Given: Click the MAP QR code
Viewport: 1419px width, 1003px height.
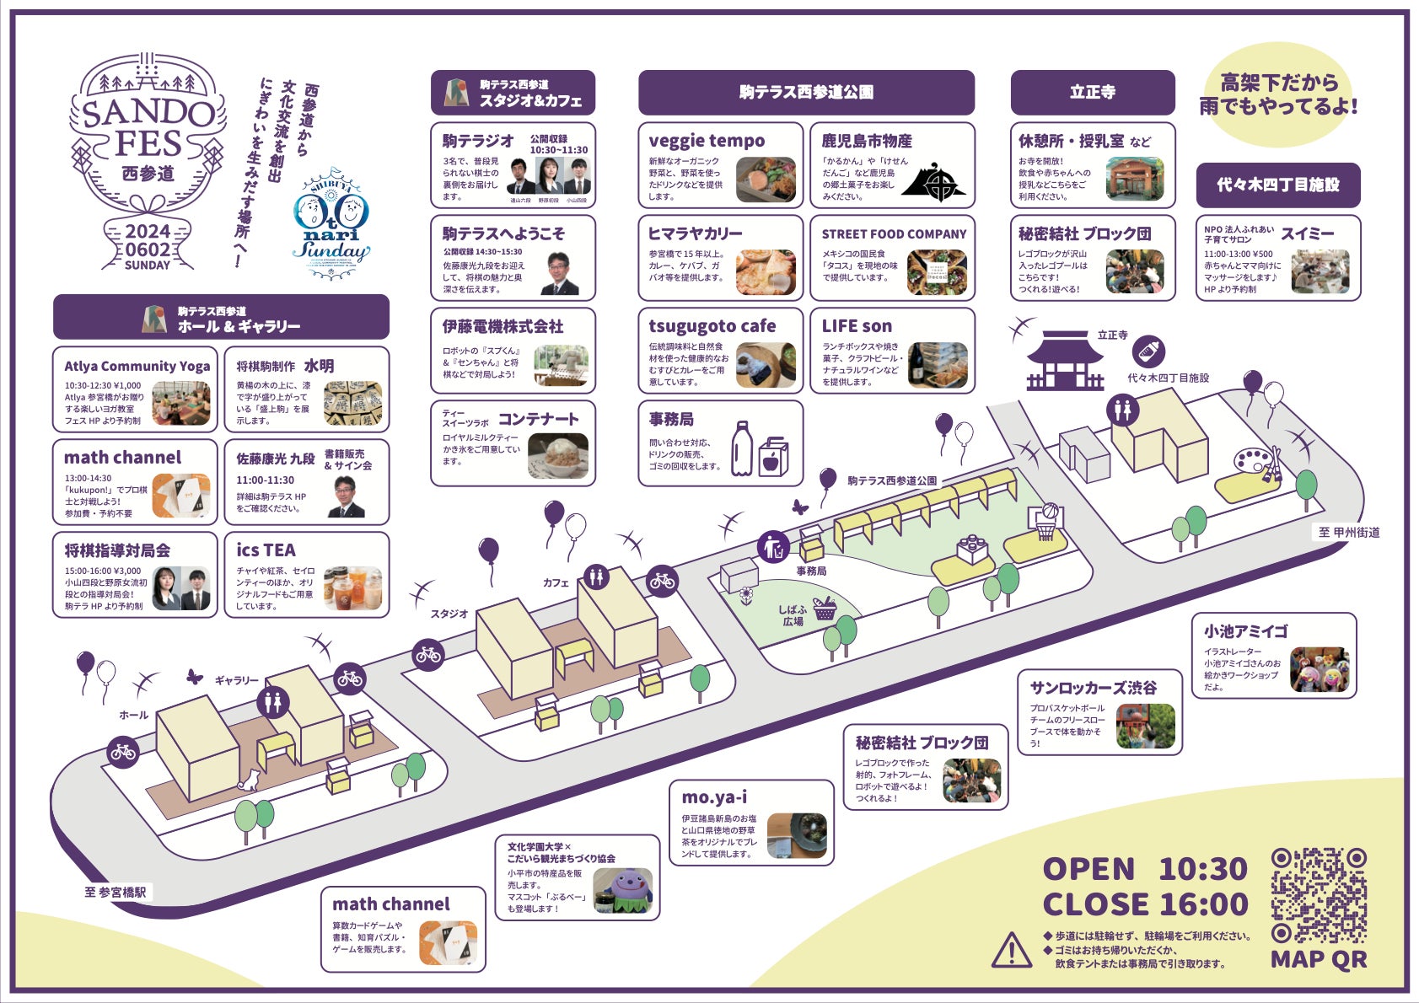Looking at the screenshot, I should tap(1319, 895).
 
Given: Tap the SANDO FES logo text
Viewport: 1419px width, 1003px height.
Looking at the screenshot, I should tap(148, 127).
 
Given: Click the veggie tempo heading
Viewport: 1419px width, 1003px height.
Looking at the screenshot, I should tap(707, 141).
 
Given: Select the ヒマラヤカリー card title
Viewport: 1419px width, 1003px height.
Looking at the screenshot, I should tap(695, 233).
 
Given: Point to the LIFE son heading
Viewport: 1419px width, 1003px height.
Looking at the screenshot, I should tap(856, 326).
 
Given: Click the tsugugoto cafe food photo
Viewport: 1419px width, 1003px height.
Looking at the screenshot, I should tap(766, 363).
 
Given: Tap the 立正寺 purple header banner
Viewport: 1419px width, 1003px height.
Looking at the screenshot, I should tap(1092, 92).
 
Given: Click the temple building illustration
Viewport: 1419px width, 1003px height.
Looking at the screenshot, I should tap(1065, 361).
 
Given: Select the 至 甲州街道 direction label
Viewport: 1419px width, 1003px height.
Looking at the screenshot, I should tap(1349, 532).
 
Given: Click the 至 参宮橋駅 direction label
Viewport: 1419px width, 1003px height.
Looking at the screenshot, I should tap(116, 892).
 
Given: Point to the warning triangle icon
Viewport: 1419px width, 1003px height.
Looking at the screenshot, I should tap(1011, 950).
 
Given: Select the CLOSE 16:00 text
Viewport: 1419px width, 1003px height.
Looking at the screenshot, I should tap(1144, 904).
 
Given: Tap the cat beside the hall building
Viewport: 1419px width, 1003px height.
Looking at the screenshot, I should tap(249, 780).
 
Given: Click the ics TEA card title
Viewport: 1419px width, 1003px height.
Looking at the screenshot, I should tap(266, 550).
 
